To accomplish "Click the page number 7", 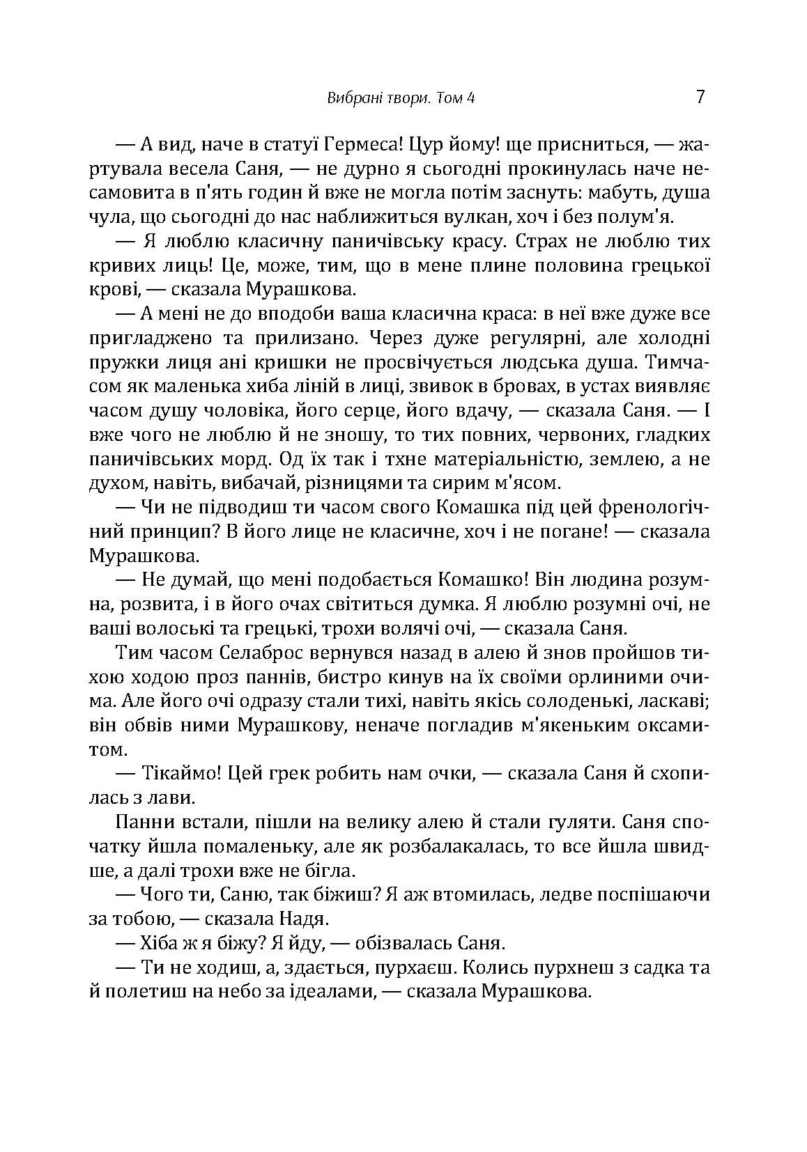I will coord(700,97).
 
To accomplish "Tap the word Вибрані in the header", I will coord(349,98).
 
